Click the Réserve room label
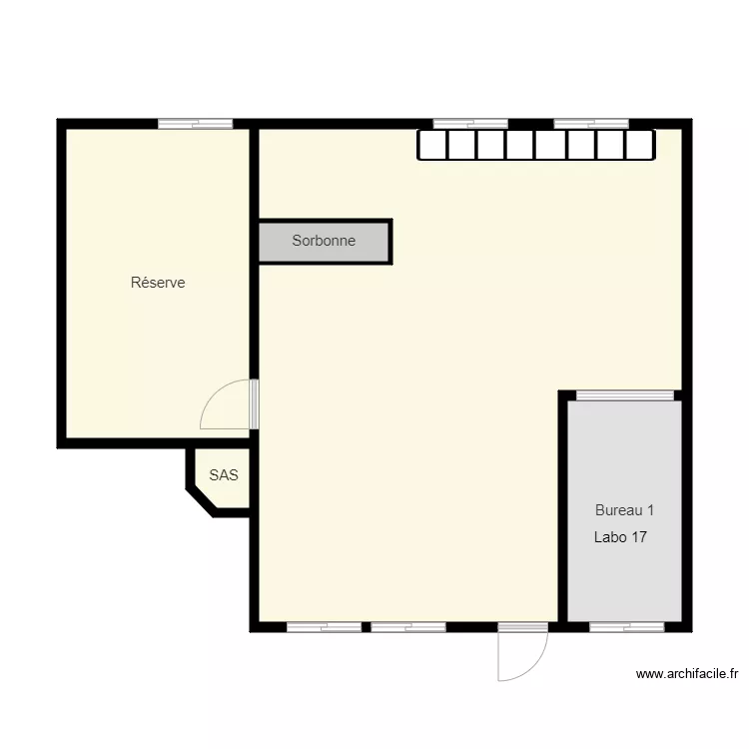click(x=158, y=283)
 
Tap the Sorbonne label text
click(x=324, y=241)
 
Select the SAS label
click(x=224, y=475)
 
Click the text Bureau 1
click(x=624, y=509)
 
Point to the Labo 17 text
click(x=620, y=537)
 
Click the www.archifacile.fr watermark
click(x=686, y=674)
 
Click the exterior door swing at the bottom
click(x=529, y=659)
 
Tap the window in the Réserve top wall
click(x=196, y=124)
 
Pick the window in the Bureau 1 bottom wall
click(x=626, y=627)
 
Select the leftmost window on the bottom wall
click(x=325, y=627)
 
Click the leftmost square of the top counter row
click(x=431, y=146)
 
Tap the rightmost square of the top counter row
click(x=640, y=146)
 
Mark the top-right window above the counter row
click(x=591, y=124)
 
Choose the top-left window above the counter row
click(x=470, y=124)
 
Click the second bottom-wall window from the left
click(x=408, y=627)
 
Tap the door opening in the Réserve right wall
click(x=254, y=403)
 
